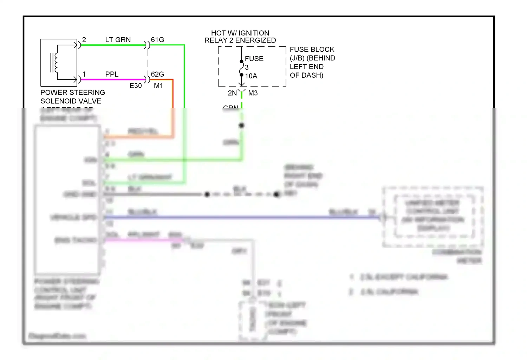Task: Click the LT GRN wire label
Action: click(x=118, y=40)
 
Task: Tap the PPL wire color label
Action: click(x=112, y=74)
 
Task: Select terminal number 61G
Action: click(x=157, y=40)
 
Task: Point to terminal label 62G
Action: click(x=157, y=74)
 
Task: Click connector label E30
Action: click(x=136, y=86)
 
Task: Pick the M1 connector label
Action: click(x=158, y=86)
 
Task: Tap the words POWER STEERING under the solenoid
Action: click(x=73, y=92)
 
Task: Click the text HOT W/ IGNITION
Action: click(x=240, y=33)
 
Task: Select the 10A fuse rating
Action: click(x=251, y=76)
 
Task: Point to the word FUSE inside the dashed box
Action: click(x=254, y=59)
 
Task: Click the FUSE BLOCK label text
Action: click(x=312, y=50)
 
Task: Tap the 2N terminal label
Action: click(x=232, y=93)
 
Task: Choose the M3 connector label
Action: click(x=253, y=93)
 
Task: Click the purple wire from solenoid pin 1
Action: click(x=112, y=79)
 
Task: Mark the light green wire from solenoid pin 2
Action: click(x=112, y=45)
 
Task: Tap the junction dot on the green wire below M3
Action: click(x=242, y=125)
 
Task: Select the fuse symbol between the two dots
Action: click(x=242, y=68)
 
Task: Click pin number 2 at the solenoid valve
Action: click(x=84, y=40)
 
